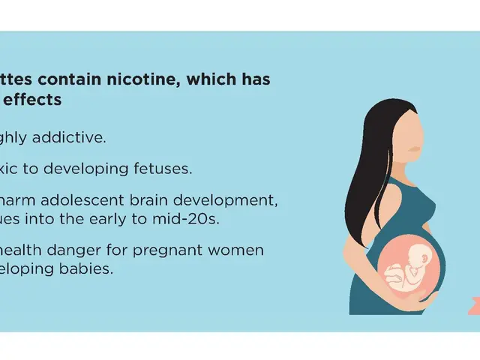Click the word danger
(88, 250)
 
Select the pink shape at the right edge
(473, 304)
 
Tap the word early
(119, 219)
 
